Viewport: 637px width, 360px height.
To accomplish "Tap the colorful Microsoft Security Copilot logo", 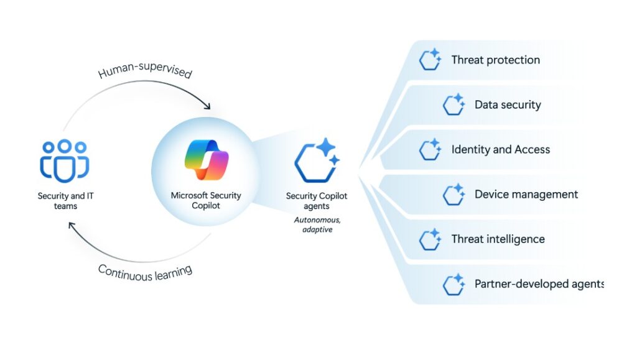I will click(x=207, y=160).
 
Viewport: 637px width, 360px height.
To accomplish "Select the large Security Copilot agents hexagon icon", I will click(x=317, y=160).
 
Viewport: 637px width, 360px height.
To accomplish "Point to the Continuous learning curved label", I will click(x=145, y=272).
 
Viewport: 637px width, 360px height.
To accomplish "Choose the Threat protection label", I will click(x=495, y=60).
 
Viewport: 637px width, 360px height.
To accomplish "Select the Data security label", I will click(x=508, y=105).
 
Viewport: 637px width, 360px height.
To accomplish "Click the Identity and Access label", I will click(x=500, y=150).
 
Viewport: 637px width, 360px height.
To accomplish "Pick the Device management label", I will click(x=526, y=195).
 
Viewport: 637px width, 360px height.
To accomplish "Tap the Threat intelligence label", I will click(x=498, y=239).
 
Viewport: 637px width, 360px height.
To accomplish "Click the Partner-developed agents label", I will click(x=539, y=284).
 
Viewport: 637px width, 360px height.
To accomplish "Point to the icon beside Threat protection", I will click(x=430, y=60).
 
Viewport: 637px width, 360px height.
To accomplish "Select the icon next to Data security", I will click(x=454, y=105).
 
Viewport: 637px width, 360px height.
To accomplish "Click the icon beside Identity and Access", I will click(x=430, y=150).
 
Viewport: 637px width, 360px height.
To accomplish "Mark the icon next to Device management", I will click(x=454, y=195).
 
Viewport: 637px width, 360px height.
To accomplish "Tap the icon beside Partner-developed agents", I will click(x=454, y=284).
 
